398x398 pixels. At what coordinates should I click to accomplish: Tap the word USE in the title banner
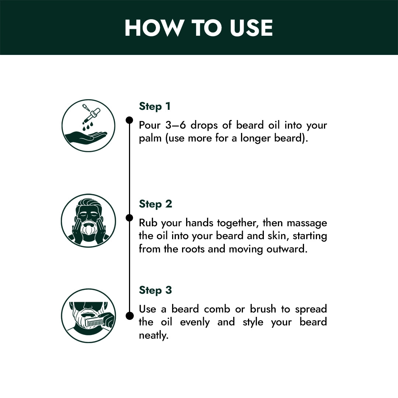pos(251,28)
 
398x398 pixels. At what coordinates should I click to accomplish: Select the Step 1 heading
pos(154,107)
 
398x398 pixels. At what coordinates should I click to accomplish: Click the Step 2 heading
pos(156,204)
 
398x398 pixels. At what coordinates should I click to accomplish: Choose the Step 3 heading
pos(156,290)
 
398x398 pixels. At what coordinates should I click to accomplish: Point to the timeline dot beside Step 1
pos(129,120)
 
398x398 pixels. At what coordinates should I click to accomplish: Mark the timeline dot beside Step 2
pos(129,217)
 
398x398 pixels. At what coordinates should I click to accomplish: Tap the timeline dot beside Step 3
pos(129,316)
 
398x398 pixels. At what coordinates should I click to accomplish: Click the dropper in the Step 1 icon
pos(92,113)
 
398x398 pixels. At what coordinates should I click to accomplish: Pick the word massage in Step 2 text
pos(307,223)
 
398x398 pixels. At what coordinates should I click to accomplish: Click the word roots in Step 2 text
pos(193,249)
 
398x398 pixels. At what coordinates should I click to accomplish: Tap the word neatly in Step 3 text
pos(154,336)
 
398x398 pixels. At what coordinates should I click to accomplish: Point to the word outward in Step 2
pos(287,249)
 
